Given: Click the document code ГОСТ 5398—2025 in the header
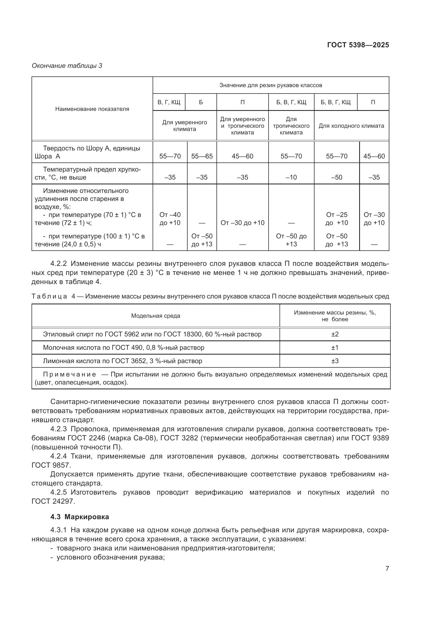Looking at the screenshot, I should click(x=358, y=45).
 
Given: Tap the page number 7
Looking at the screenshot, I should click(x=387, y=568).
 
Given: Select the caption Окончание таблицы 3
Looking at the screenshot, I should click(x=67, y=66).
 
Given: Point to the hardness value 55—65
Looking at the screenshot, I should click(x=202, y=156).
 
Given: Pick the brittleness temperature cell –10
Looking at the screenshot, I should click(x=291, y=177).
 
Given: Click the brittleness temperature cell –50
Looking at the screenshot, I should click(x=336, y=177).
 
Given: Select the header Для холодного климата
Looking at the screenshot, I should click(x=351, y=126).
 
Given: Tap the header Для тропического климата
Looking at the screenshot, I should click(x=291, y=126).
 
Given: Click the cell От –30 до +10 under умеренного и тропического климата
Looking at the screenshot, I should click(x=242, y=223).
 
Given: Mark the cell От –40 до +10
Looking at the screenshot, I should click(x=170, y=219).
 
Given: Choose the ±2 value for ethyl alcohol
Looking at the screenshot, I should click(x=335, y=334).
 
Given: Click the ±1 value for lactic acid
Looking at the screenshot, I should click(x=335, y=347).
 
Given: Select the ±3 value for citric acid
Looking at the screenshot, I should click(x=335, y=361).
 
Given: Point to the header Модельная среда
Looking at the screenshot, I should click(x=156, y=316).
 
